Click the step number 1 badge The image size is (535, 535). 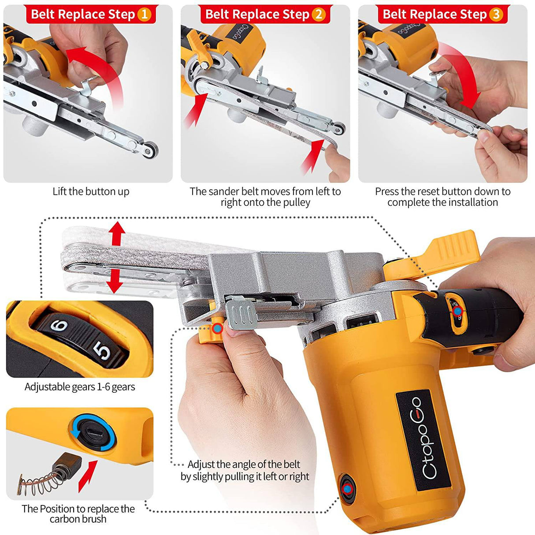(145, 15)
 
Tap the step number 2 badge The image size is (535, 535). (319, 15)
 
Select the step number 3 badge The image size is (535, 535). (496, 15)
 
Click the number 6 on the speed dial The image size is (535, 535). (59, 325)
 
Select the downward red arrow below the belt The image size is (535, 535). (115, 282)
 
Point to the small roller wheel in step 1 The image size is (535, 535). (151, 149)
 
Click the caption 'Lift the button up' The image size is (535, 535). (91, 192)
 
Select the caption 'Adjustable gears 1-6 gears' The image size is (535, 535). (80, 386)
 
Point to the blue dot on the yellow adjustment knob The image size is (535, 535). (218, 328)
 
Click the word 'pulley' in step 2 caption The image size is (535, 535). (297, 202)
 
